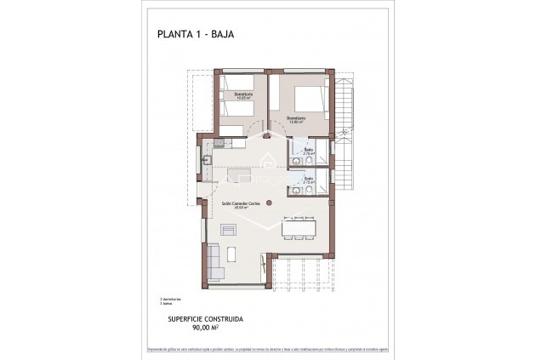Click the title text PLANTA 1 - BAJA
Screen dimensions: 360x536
point(196,35)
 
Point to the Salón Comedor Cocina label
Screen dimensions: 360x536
point(241,204)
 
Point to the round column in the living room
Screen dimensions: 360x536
point(269,202)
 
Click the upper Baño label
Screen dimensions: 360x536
point(309,151)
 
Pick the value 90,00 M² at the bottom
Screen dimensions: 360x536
point(206,327)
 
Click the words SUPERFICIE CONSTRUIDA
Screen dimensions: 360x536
point(206,318)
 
